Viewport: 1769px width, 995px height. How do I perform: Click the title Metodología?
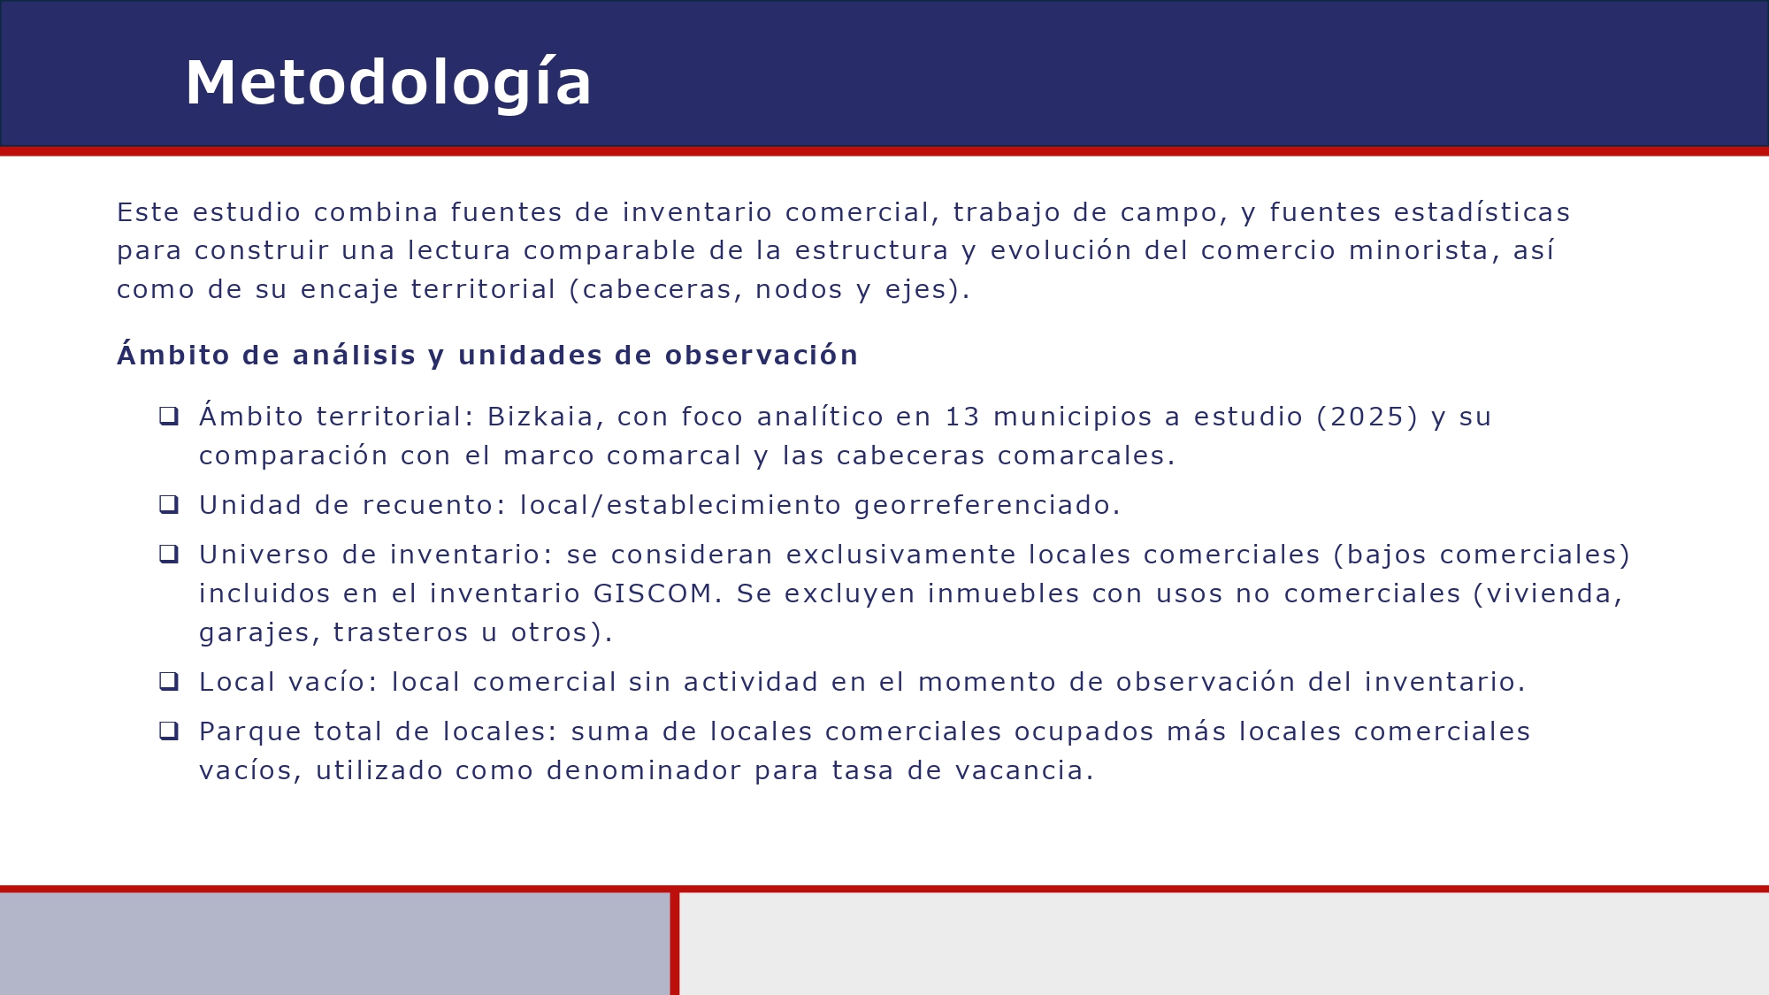(387, 83)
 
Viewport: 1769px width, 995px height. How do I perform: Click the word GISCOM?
(653, 593)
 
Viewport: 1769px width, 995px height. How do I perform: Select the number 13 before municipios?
(962, 417)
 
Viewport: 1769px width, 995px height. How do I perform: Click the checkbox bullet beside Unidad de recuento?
(169, 504)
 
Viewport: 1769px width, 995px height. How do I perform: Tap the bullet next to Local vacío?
(169, 681)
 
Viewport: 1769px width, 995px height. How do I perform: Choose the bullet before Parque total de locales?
(169, 731)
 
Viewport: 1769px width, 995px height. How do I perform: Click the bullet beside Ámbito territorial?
(169, 416)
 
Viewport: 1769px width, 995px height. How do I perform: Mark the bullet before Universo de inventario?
(169, 554)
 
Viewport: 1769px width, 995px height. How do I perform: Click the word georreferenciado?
(986, 505)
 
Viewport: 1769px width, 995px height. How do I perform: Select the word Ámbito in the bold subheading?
(173, 355)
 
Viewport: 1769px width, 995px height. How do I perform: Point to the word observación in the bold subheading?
(761, 355)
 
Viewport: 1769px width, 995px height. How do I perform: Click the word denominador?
(644, 770)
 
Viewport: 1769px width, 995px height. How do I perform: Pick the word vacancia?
(1024, 770)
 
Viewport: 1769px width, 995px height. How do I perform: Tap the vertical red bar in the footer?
(675, 943)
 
